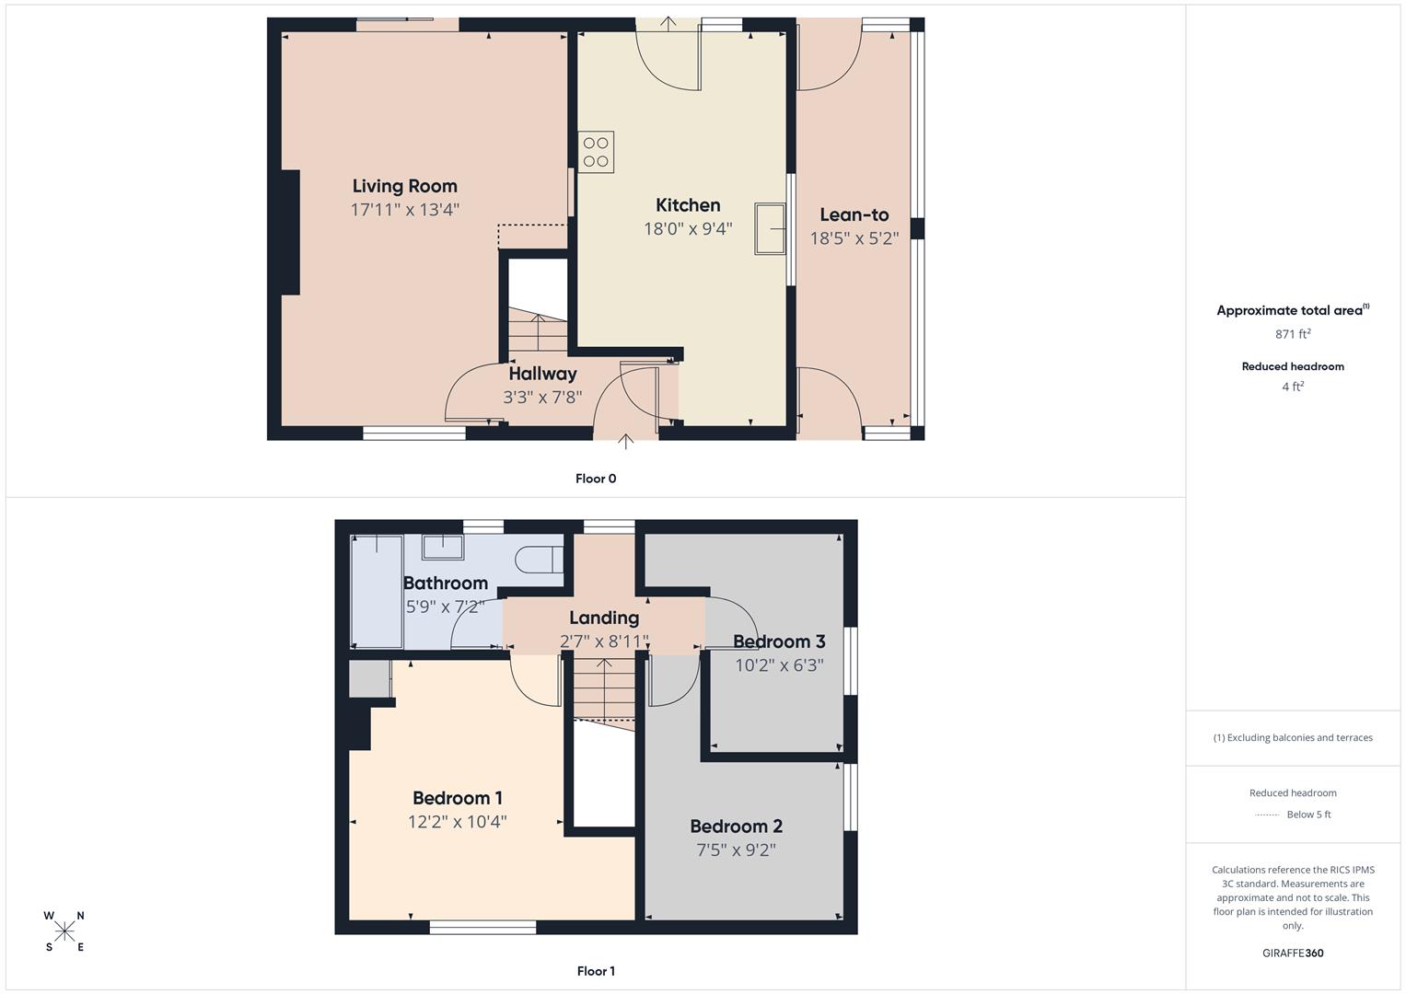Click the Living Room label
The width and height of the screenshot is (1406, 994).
[404, 186]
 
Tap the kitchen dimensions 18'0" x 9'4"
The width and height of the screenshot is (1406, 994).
[688, 228]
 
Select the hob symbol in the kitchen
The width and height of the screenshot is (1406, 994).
[596, 152]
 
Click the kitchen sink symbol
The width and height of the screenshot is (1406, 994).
[770, 228]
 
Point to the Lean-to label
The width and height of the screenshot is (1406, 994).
[854, 214]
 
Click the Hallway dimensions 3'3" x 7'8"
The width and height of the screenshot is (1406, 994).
[542, 398]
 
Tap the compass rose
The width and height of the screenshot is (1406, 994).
[64, 931]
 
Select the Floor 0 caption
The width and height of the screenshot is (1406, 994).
[596, 479]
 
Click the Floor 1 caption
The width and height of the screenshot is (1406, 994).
[596, 971]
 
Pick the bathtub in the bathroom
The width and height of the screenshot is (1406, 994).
[377, 592]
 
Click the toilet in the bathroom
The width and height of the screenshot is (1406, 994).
[540, 559]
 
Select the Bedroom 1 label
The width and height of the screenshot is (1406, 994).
[457, 798]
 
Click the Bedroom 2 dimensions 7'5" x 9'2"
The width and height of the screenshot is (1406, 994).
[736, 850]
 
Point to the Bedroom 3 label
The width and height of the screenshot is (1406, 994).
[778, 641]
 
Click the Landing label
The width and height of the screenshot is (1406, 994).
[603, 618]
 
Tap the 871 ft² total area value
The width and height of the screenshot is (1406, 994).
[1292, 334]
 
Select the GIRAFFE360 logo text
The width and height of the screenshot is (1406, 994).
[1292, 953]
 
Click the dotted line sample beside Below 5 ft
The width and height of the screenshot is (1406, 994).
[1267, 815]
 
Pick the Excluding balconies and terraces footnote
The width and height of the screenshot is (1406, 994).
[1292, 737]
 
